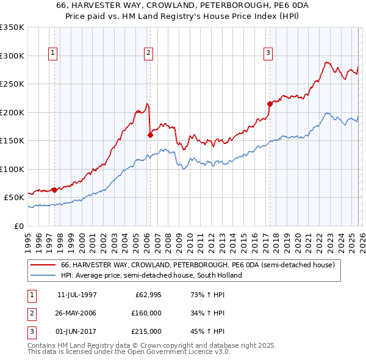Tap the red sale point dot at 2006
coord(149,135)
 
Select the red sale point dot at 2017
coord(269,104)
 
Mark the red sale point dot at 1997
coord(55,190)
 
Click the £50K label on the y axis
coord(15,197)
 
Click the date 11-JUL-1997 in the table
coord(76,294)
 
